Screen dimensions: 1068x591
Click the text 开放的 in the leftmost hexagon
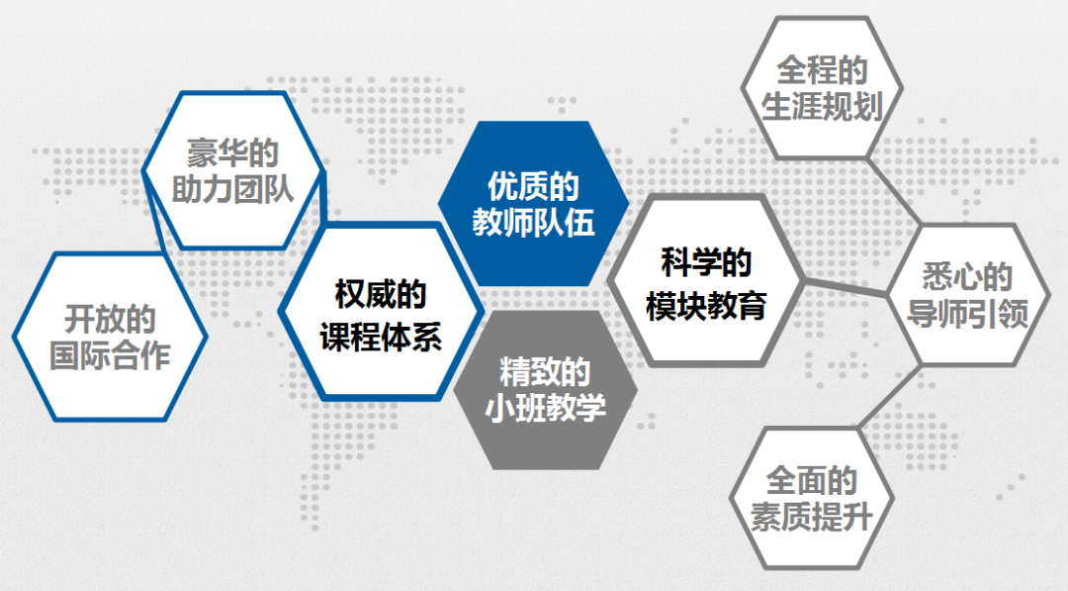pyautogui.click(x=111, y=319)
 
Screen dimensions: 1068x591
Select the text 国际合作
pyautogui.click(x=111, y=355)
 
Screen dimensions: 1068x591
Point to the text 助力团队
pyautogui.click(x=233, y=189)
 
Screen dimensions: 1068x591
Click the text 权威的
pyautogui.click(x=381, y=294)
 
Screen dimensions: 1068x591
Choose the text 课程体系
pyautogui.click(x=381, y=337)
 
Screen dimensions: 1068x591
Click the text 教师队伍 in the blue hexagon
pyautogui.click(x=533, y=223)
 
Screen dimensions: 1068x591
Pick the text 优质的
pyautogui.click(x=533, y=186)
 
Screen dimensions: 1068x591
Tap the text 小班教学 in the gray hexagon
pyautogui.click(x=546, y=409)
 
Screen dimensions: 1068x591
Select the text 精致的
pyautogui.click(x=546, y=372)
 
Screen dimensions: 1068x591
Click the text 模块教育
pyautogui.click(x=706, y=306)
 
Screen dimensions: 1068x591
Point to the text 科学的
pyautogui.click(x=706, y=263)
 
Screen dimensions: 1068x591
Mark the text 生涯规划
pyautogui.click(x=822, y=107)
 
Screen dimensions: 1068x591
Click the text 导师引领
pyautogui.click(x=967, y=314)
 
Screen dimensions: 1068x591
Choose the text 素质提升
pyautogui.click(x=811, y=518)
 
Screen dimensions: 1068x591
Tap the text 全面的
pyautogui.click(x=811, y=481)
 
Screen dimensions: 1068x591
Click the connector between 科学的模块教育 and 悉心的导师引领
pyautogui.click(x=845, y=287)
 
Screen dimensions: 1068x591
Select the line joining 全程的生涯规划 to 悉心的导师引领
pyautogui.click(x=894, y=191)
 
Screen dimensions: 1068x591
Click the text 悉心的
pyautogui.click(x=967, y=277)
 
